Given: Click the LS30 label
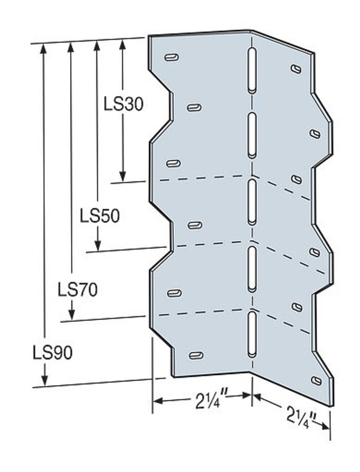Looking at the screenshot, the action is tap(123, 105).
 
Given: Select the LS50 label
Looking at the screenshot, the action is tap(100, 216).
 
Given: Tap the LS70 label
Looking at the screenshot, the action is tap(77, 290).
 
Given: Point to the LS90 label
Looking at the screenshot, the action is tap(52, 353).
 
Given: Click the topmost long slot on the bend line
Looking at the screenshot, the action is tap(252, 70).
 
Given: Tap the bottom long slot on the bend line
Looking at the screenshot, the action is tap(252, 334).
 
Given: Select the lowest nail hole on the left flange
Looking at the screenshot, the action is tap(196, 355).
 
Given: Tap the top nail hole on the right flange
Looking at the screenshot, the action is tap(296, 69).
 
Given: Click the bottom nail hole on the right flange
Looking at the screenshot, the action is tap(316, 381).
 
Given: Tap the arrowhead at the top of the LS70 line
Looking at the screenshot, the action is tap(71, 46).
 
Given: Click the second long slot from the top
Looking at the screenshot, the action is tap(252, 135).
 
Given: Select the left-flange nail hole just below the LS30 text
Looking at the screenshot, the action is tap(194, 108).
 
